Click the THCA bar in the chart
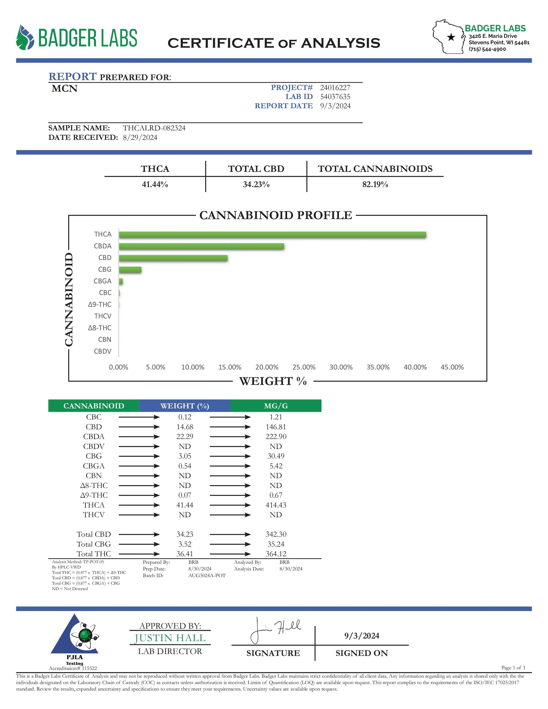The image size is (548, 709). point(272,235)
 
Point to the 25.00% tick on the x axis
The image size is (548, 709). point(304,367)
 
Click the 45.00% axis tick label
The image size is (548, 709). point(452,367)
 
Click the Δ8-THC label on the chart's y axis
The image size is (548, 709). point(100,328)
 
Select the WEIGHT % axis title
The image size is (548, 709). point(273,381)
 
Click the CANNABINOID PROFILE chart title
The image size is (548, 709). point(276,215)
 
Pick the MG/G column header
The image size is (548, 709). point(276,406)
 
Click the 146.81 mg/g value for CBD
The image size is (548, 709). point(276,427)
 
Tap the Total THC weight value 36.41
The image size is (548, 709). point(185,554)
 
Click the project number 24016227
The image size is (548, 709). point(335,88)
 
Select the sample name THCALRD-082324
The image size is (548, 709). point(154,128)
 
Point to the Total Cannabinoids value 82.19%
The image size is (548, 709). point(375,184)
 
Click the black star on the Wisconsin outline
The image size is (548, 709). point(451,37)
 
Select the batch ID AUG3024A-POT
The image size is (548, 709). point(207,576)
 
